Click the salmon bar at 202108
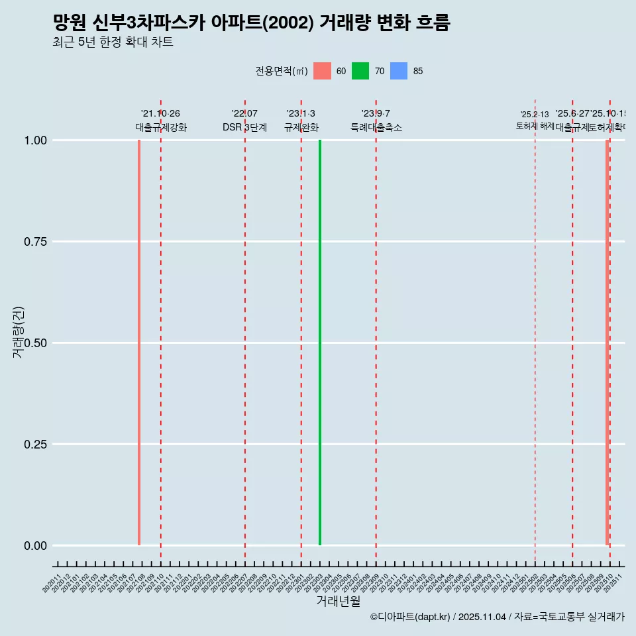[x=139, y=343]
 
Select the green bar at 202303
[x=320, y=343]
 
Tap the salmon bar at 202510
[x=607, y=343]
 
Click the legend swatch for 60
[x=322, y=71]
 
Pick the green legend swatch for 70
[x=360, y=71]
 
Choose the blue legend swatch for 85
[x=399, y=71]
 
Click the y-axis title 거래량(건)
[x=18, y=331]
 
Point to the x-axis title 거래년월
[x=339, y=602]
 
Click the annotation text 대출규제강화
[x=161, y=127]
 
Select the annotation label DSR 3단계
[x=244, y=127]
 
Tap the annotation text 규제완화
[x=301, y=127]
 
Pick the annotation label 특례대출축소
[x=376, y=127]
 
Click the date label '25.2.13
[x=535, y=115]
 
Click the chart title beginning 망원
[x=251, y=23]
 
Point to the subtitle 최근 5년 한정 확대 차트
[x=113, y=42]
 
